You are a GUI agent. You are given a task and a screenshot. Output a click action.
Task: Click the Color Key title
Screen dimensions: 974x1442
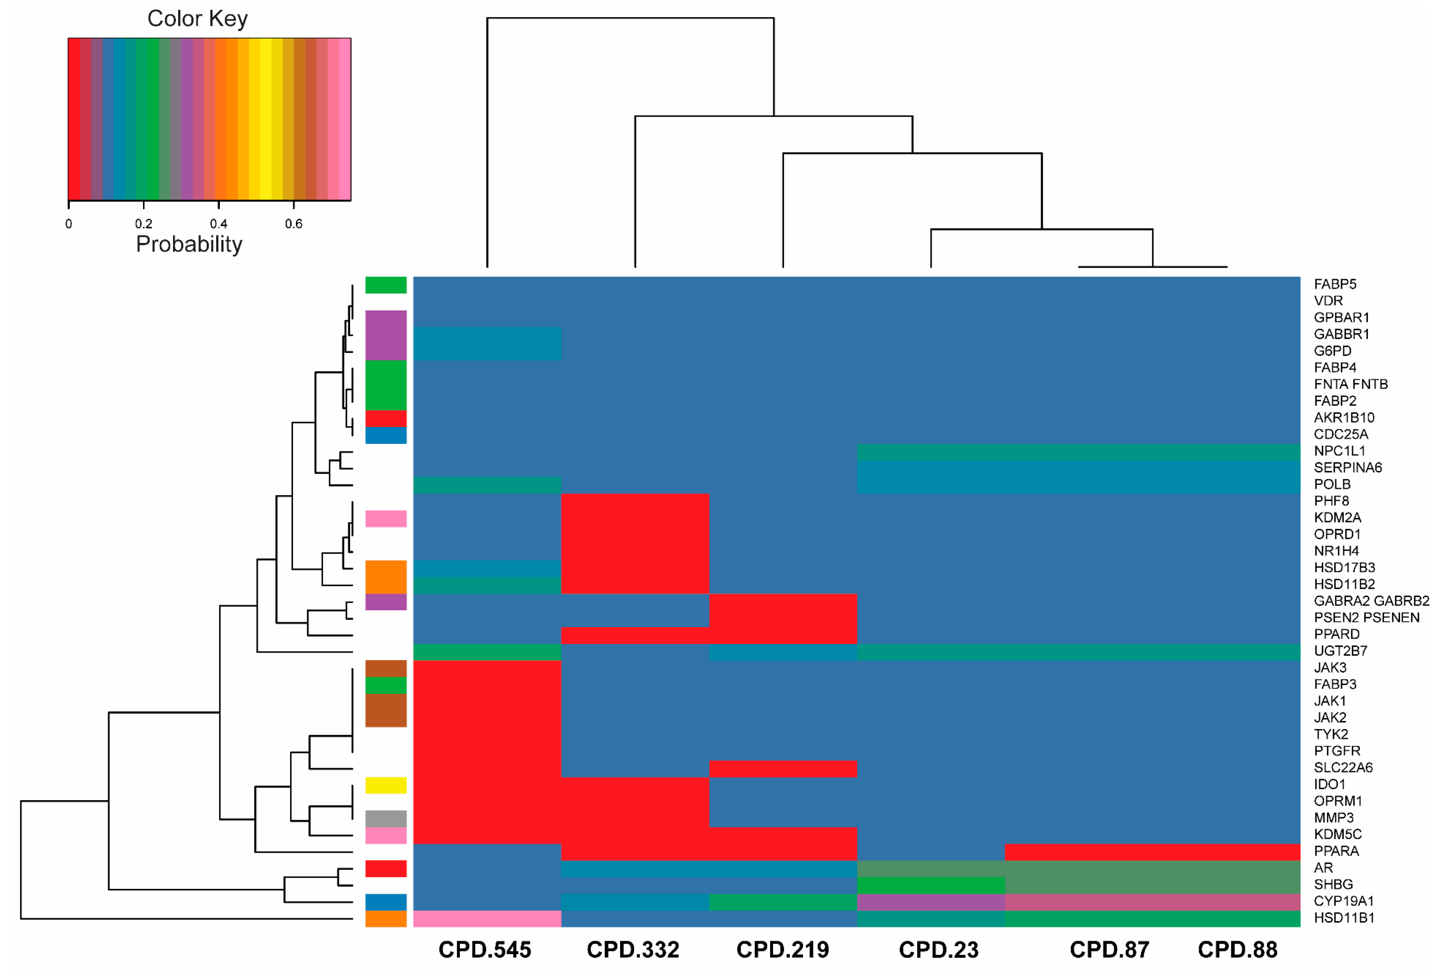pos(197,18)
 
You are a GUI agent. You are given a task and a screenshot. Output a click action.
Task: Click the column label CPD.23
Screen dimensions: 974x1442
pos(938,950)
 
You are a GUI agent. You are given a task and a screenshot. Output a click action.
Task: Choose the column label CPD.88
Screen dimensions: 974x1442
pos(1237,950)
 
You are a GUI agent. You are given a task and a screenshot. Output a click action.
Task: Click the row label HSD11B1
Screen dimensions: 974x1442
pos(1344,918)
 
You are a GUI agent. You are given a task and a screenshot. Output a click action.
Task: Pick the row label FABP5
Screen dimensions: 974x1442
pos(1335,284)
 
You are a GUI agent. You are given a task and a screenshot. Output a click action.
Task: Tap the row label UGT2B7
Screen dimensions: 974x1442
pos(1340,651)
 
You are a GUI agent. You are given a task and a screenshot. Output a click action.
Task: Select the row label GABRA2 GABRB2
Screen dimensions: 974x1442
pos(1371,600)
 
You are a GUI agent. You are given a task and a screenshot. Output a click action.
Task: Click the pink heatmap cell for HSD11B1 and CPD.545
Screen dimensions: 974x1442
pos(487,918)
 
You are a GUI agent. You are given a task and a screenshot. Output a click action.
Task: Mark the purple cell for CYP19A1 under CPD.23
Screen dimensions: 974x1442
pos(931,901)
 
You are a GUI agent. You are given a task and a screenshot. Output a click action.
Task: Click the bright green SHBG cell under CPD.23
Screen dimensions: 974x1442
pos(931,885)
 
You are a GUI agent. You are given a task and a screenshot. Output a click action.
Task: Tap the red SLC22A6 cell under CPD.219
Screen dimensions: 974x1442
pos(783,768)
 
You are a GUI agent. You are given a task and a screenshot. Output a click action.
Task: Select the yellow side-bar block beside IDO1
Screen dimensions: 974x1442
pos(386,785)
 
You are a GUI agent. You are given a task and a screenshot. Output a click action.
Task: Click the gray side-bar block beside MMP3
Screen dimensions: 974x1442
pos(386,818)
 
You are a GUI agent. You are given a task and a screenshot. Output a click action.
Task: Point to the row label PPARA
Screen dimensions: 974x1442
pos(1336,851)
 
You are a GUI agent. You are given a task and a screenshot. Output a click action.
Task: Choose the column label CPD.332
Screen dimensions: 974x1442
pos(633,950)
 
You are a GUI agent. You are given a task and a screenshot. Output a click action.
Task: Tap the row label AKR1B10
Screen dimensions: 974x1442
pos(1344,418)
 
